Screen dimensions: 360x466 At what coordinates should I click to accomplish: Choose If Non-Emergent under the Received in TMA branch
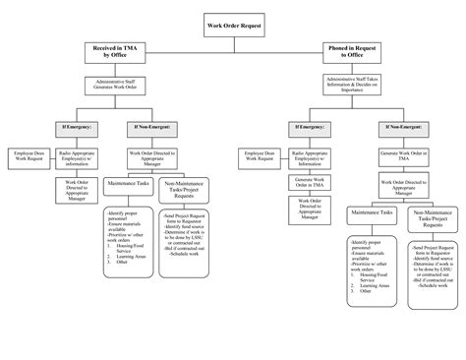coord(147,128)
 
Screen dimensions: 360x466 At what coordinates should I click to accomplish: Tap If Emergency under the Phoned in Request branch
coord(310,128)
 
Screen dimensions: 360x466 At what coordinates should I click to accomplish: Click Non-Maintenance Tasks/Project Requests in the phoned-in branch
coord(435,219)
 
